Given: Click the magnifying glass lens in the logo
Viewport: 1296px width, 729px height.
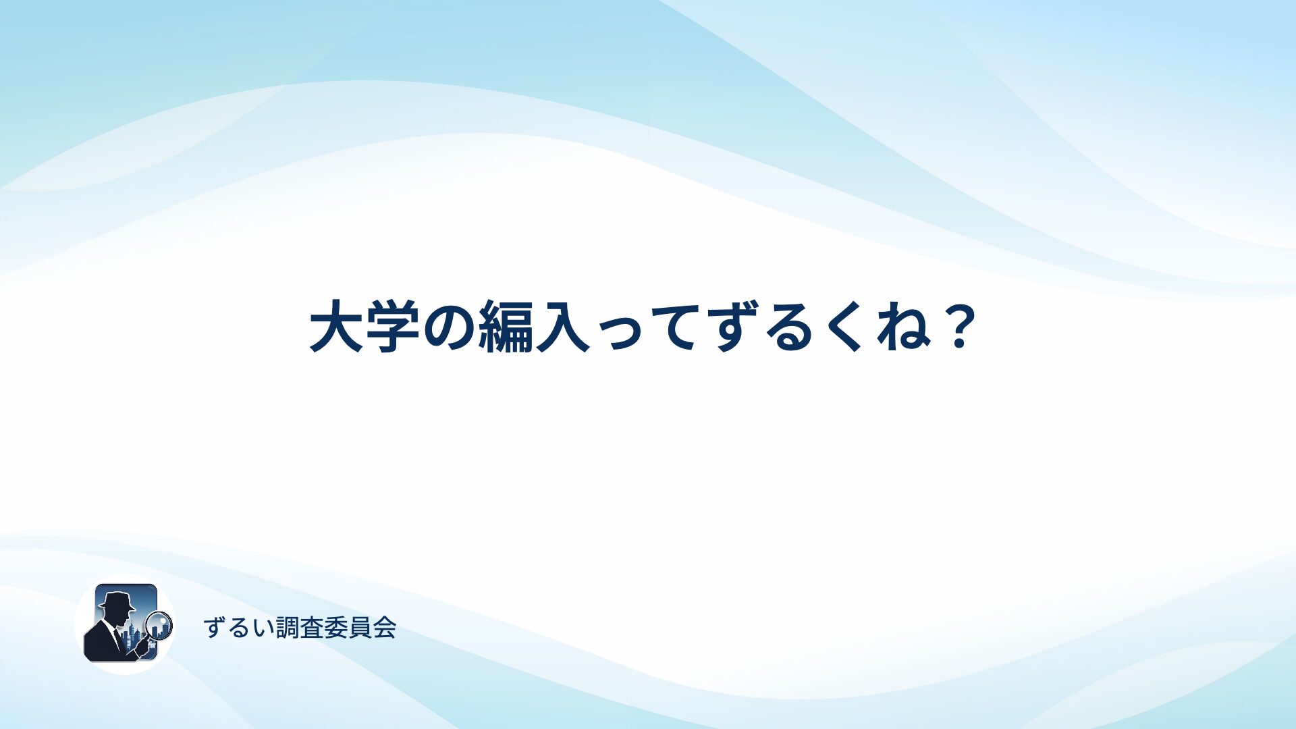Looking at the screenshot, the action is tap(159, 626).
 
